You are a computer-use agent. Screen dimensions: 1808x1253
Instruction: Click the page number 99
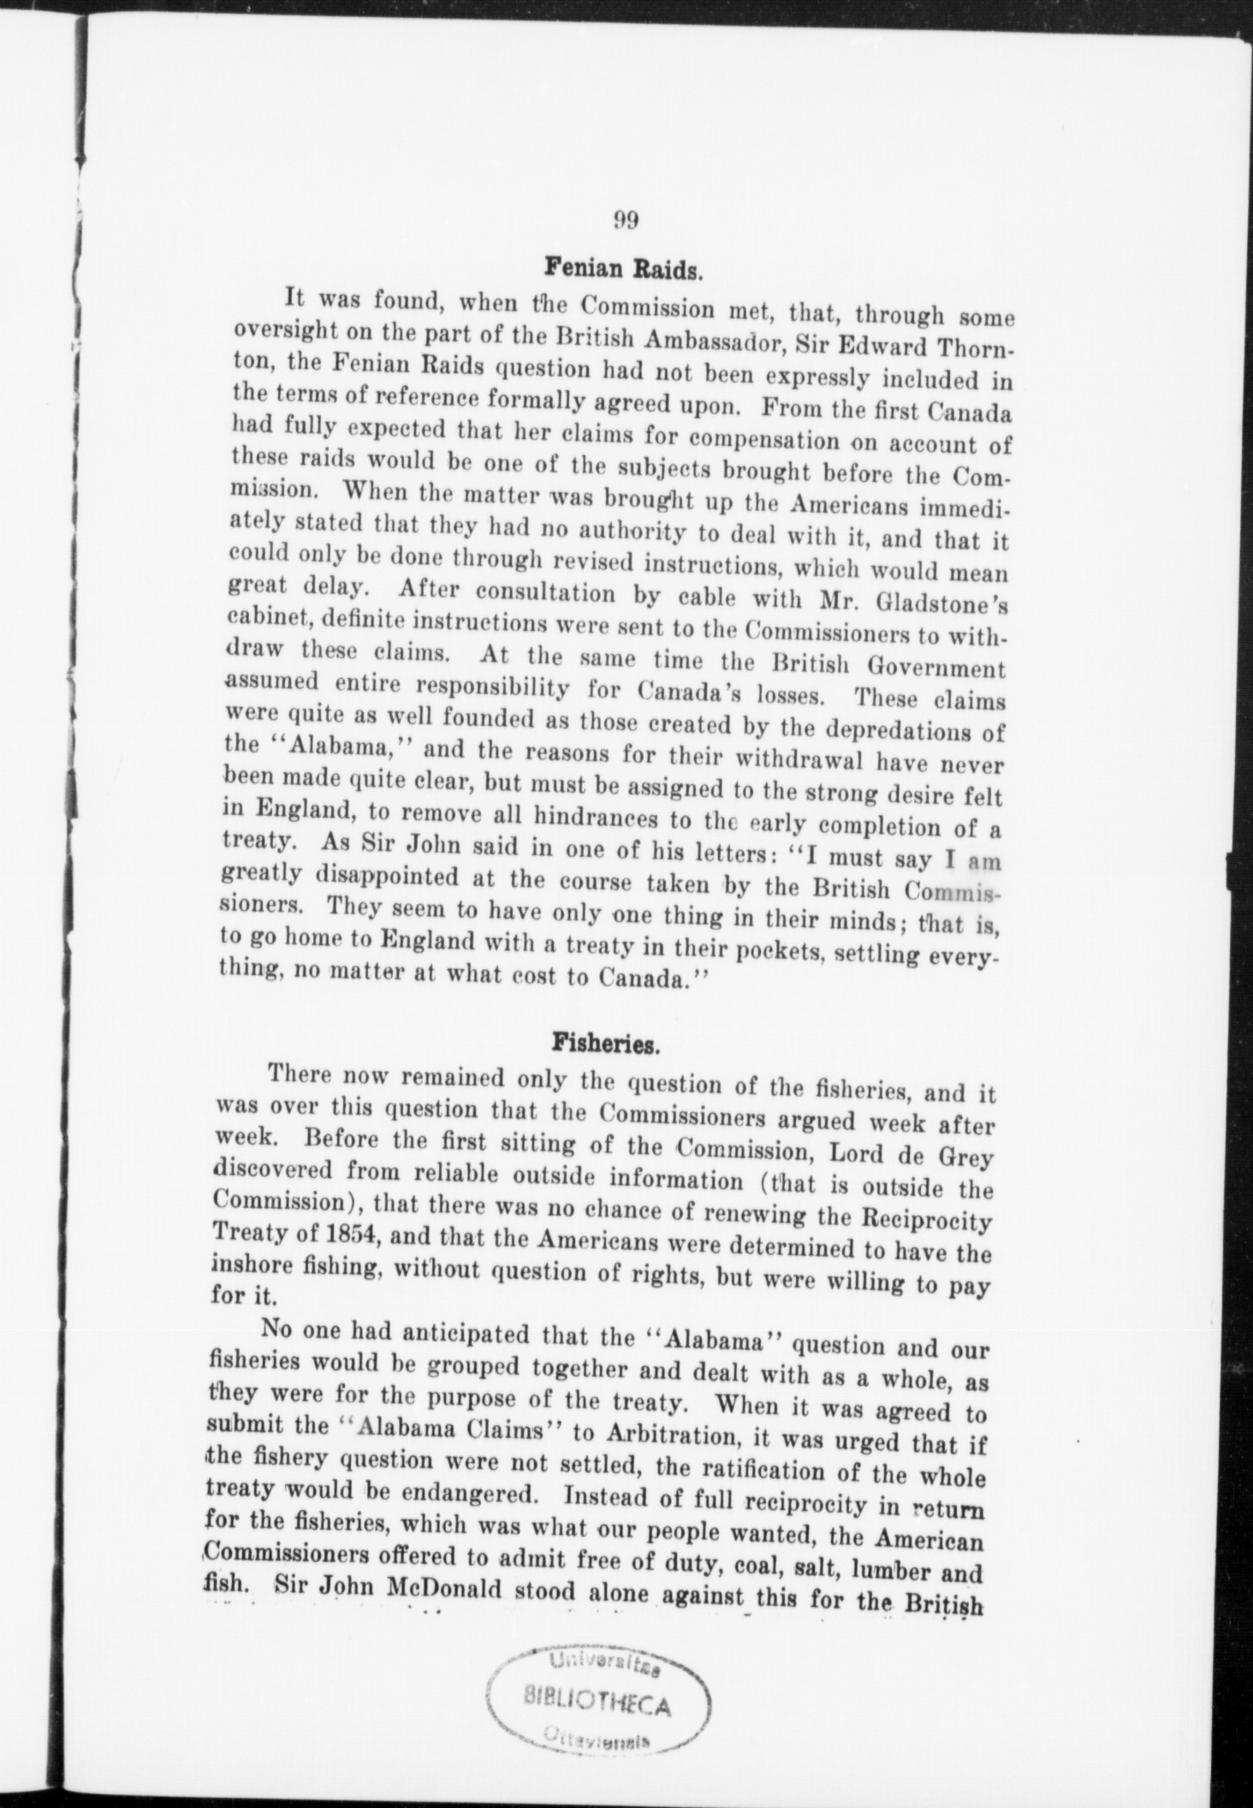(x=626, y=220)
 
